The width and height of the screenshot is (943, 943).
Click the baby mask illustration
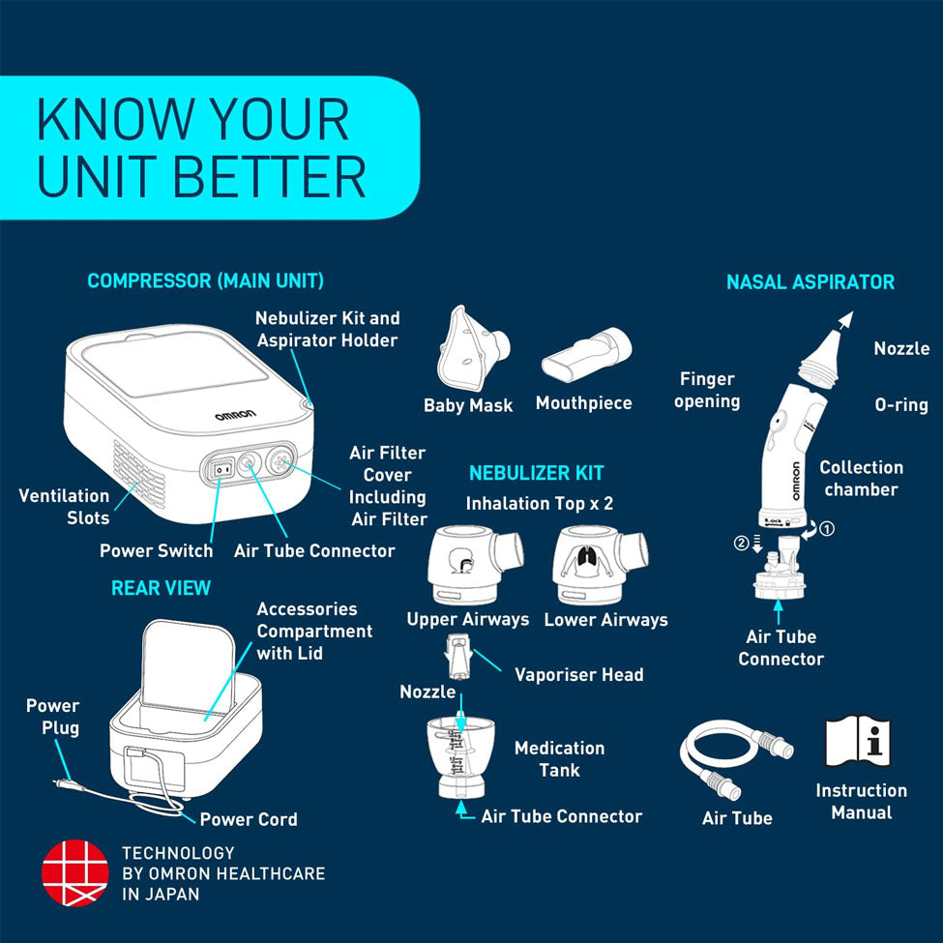pyautogui.click(x=472, y=349)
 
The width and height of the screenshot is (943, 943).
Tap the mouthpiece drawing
pyautogui.click(x=586, y=354)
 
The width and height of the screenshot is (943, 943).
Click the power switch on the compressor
pyautogui.click(x=224, y=467)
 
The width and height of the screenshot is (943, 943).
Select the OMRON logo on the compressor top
pyautogui.click(x=235, y=415)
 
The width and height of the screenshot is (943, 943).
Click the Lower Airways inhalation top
pyautogui.click(x=599, y=565)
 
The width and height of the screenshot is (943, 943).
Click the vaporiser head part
pyautogui.click(x=457, y=657)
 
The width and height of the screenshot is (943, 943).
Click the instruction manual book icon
pyautogui.click(x=858, y=741)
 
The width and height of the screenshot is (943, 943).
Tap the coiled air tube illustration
pyautogui.click(x=736, y=760)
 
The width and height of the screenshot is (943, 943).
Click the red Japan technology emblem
pyautogui.click(x=75, y=872)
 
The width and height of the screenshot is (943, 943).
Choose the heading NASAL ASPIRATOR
pyautogui.click(x=810, y=282)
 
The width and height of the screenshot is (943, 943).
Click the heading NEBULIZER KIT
pyautogui.click(x=536, y=473)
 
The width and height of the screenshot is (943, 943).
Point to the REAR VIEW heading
pyautogui.click(x=162, y=588)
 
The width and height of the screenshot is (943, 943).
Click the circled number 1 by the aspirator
pyautogui.click(x=827, y=529)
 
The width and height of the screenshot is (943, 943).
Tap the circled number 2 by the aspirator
pyautogui.click(x=741, y=543)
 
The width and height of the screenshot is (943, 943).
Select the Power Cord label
pyautogui.click(x=249, y=819)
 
